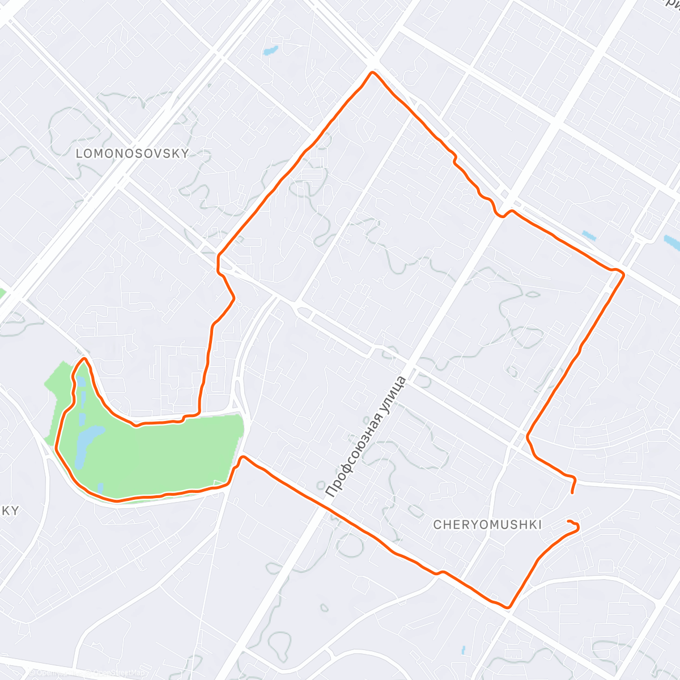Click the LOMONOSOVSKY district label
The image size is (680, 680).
[132, 153]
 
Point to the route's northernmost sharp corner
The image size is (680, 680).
[372, 73]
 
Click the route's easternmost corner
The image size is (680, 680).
[623, 275]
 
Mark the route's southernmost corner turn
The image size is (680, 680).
[509, 607]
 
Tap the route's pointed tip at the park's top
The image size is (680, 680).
[84, 359]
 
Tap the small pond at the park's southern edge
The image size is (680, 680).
[100, 487]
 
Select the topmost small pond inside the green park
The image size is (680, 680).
[80, 381]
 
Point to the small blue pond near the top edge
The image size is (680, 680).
[270, 50]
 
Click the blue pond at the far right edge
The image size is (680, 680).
[672, 243]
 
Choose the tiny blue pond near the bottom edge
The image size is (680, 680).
[464, 650]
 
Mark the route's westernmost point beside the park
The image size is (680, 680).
[56, 447]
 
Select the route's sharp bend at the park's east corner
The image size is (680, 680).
[242, 457]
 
